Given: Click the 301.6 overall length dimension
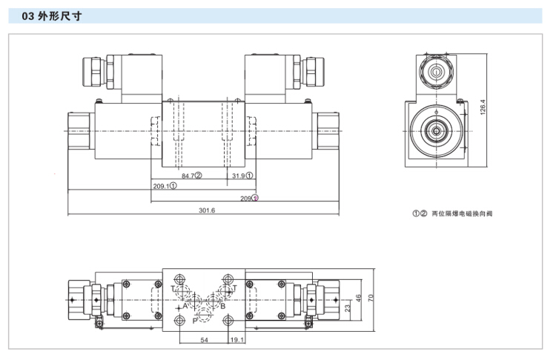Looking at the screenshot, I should point(207,211).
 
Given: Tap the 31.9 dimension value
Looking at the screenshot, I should point(238,176).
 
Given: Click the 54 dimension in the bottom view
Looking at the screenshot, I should point(204,340).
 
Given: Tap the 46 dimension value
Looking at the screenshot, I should point(358,299).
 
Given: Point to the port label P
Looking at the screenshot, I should point(194,321).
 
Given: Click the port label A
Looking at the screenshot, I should point(176,304).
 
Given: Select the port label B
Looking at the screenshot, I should point(222,304).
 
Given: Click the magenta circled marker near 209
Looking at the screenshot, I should point(256,199).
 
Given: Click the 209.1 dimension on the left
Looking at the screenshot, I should point(162,187).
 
